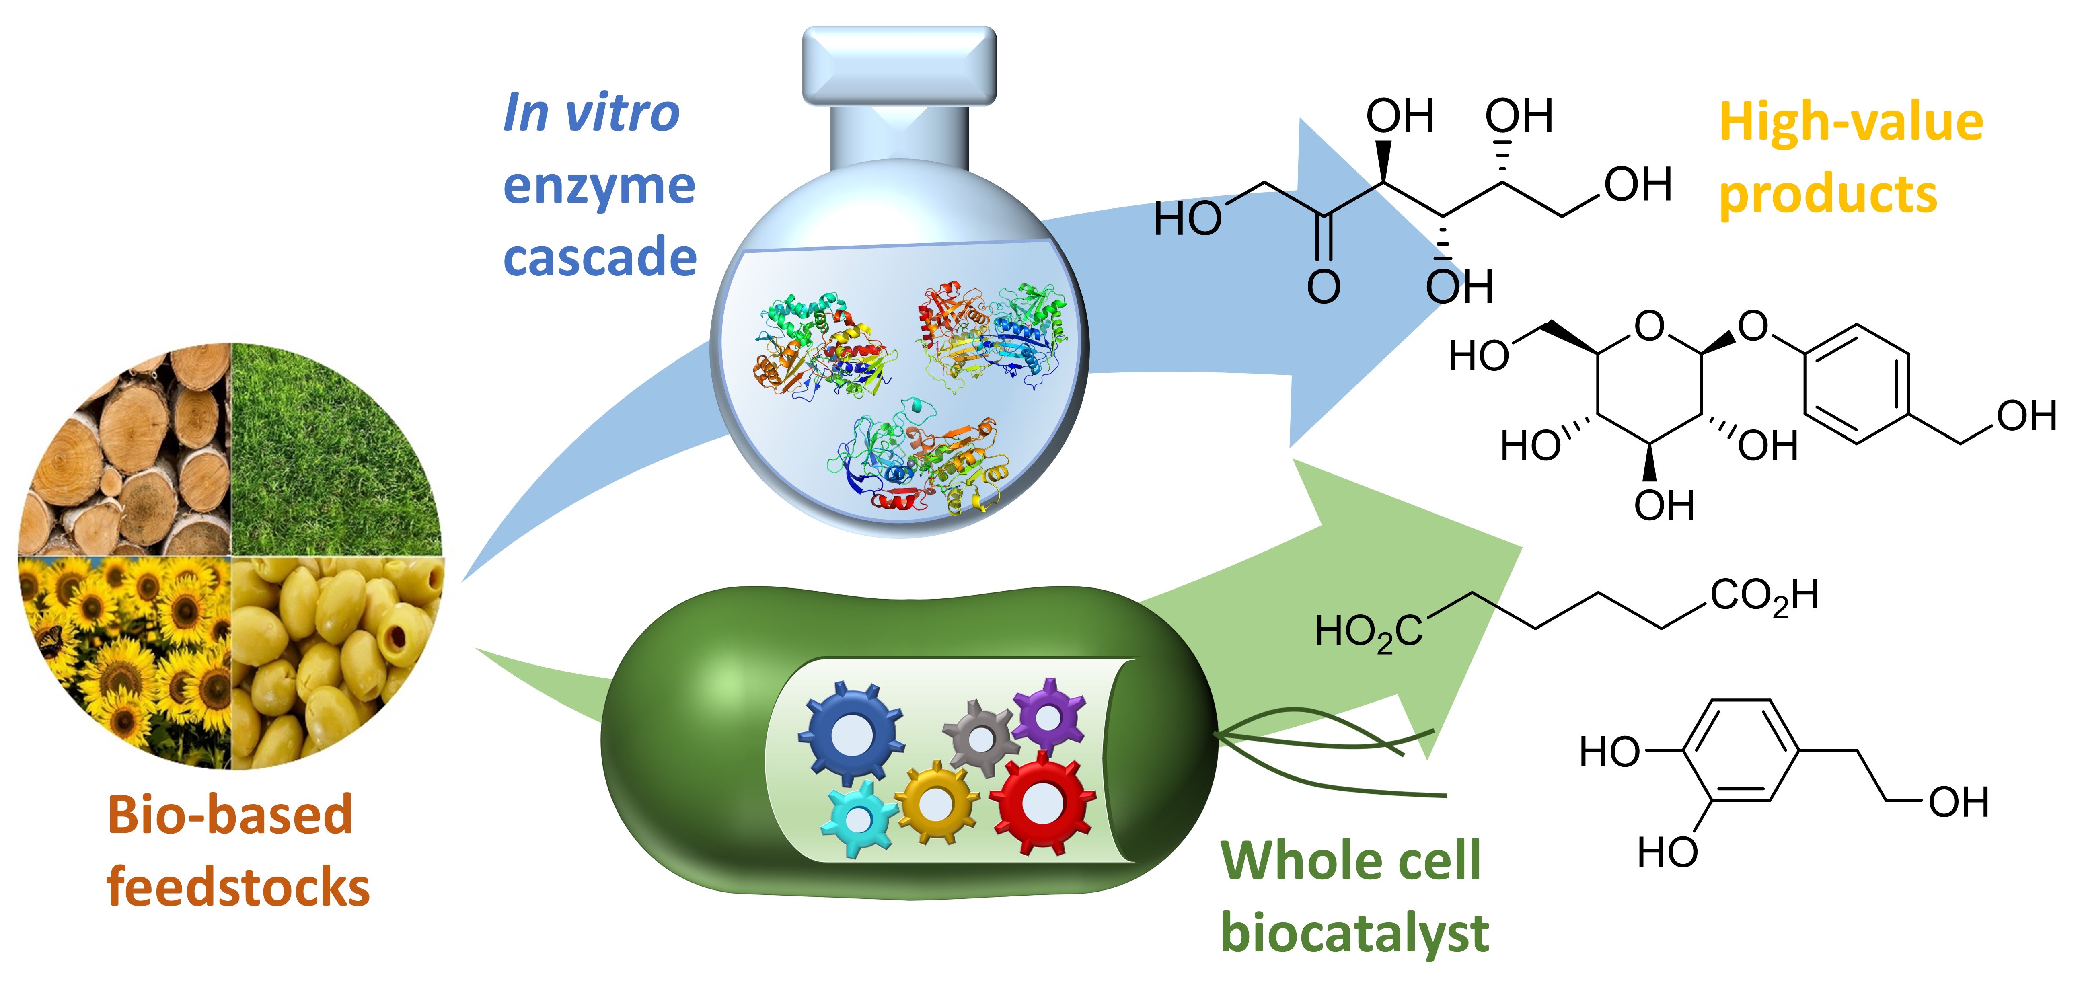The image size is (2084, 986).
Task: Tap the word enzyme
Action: point(599,186)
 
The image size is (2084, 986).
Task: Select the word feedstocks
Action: point(238,887)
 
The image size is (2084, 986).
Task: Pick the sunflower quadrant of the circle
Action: point(129,655)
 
